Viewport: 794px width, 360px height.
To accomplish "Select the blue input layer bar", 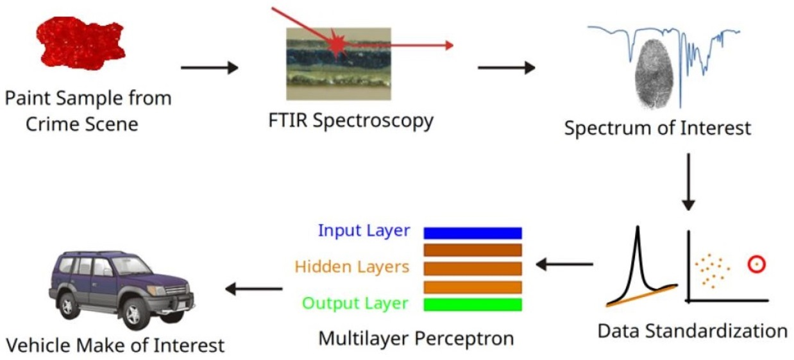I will pyautogui.click(x=473, y=232).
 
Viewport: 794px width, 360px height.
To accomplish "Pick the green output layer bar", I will pyautogui.click(x=473, y=304).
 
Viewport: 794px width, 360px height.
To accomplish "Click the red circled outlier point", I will pyautogui.click(x=757, y=263).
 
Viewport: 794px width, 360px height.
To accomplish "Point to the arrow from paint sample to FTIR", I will pyautogui.click(x=209, y=67).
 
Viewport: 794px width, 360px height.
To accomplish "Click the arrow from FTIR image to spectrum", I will pyautogui.click(x=506, y=67).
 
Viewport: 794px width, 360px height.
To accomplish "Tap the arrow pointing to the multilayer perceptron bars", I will pyautogui.click(x=564, y=263).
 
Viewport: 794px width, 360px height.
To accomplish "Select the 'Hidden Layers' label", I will pyautogui.click(x=352, y=266).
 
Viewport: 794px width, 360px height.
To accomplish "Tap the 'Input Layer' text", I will pyautogui.click(x=364, y=230).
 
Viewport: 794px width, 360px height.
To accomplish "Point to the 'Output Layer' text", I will pyautogui.click(x=355, y=303).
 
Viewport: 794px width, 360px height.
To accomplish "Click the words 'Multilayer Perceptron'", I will pyautogui.click(x=416, y=338).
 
